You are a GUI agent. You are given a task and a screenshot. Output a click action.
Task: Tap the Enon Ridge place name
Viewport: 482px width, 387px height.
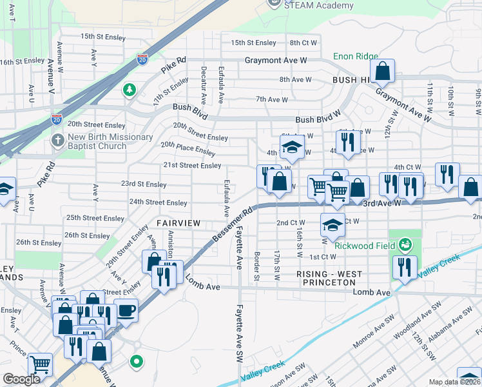coord(355,57)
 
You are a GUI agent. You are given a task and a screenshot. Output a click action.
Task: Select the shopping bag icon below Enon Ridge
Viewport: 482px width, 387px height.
coord(383,72)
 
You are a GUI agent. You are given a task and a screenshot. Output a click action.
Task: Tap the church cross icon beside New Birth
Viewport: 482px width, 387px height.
coord(57,140)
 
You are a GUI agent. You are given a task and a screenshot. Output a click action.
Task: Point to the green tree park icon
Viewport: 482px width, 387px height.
coord(130,89)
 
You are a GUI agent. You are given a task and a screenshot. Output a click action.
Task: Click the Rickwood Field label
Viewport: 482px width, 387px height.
coord(365,244)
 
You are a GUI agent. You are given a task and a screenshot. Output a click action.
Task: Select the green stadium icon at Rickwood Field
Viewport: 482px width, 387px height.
coord(405,244)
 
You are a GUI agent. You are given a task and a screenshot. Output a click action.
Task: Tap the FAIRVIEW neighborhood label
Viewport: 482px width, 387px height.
coord(178,223)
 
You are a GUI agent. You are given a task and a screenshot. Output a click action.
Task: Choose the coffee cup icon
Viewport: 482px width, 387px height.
coord(126,310)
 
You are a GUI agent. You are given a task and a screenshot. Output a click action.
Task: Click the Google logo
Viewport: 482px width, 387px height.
coord(21,379)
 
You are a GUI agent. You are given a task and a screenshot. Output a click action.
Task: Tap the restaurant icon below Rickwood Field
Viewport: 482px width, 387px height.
coord(405,267)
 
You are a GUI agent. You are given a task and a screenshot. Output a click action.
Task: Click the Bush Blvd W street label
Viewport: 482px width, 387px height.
coord(318,120)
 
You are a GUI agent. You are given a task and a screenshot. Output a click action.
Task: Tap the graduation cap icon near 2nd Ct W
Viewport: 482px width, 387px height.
coord(333,225)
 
